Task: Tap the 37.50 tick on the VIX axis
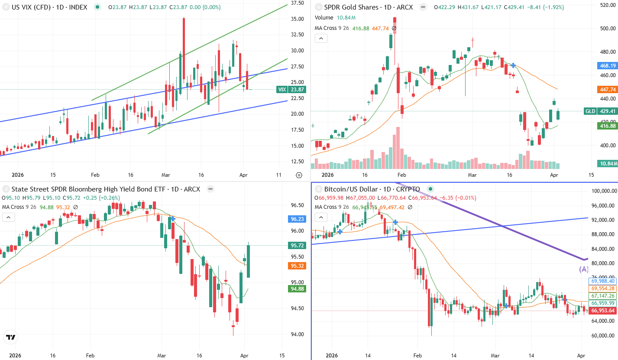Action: (x=297, y=3)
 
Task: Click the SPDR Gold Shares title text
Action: (x=369, y=7)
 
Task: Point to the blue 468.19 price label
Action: (x=608, y=66)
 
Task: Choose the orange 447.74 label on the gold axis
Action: (x=608, y=90)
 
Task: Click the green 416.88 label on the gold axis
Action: (x=608, y=126)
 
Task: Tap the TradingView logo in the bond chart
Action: (x=11, y=337)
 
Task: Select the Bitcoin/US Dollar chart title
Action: (x=372, y=189)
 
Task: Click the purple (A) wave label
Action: (x=584, y=269)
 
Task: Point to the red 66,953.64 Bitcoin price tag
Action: (x=603, y=311)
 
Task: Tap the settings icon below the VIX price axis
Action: (x=299, y=175)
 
